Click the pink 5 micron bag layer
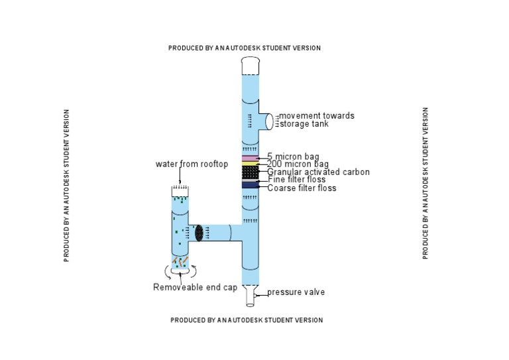(x=251, y=158)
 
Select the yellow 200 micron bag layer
(x=251, y=164)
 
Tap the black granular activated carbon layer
(x=251, y=172)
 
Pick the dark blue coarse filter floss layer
(x=251, y=186)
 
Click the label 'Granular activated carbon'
(x=318, y=172)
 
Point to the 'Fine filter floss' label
(x=297, y=180)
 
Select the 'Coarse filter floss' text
(x=302, y=188)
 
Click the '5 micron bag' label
(x=293, y=156)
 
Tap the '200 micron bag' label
(x=298, y=164)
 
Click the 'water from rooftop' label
(x=192, y=164)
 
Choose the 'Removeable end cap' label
(x=195, y=287)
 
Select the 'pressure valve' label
(x=296, y=292)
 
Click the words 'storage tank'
(x=304, y=124)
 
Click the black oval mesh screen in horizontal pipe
(x=199, y=233)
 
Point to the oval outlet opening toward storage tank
(x=269, y=122)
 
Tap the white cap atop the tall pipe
(x=251, y=66)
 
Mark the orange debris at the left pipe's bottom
(x=180, y=261)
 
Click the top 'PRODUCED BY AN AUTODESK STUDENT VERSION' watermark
(x=245, y=48)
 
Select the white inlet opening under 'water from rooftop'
(x=180, y=191)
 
